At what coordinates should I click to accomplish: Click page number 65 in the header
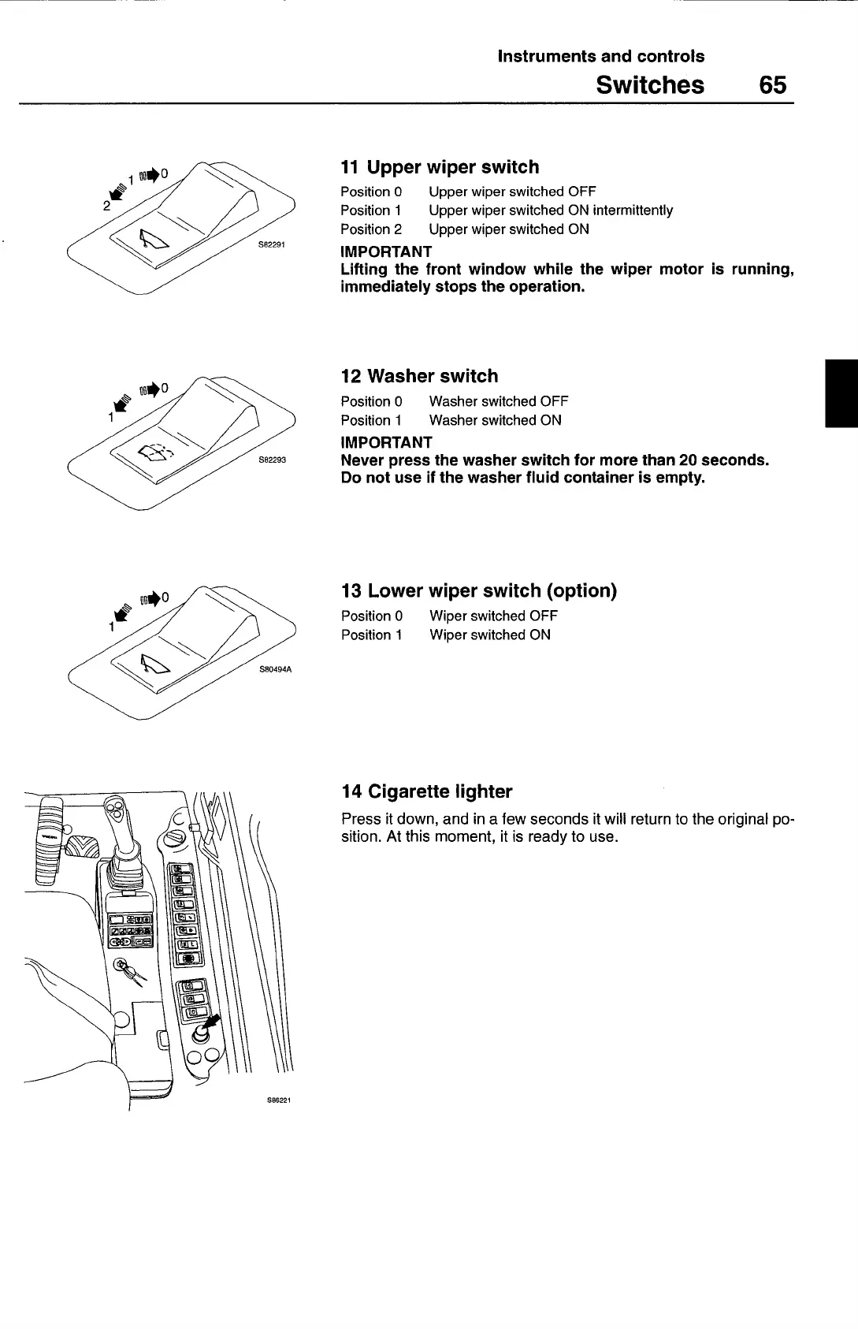pos(772,84)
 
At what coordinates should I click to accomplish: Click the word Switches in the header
pos(650,84)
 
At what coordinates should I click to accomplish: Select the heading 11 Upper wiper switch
pos(440,167)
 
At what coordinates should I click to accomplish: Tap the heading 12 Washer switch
pos(419,376)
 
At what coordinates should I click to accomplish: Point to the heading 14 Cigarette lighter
pos(426,791)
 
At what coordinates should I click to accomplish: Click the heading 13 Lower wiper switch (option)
pos(478,590)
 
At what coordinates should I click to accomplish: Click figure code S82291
pos(272,244)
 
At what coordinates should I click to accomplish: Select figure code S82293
pos(272,460)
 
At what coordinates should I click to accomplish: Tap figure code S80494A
pos(275,669)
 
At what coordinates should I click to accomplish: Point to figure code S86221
pos(279,1100)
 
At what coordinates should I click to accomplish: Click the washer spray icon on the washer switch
pos(155,452)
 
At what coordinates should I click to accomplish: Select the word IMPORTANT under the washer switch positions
pos(386,442)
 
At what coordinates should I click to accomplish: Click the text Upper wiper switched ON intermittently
pos(551,210)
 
